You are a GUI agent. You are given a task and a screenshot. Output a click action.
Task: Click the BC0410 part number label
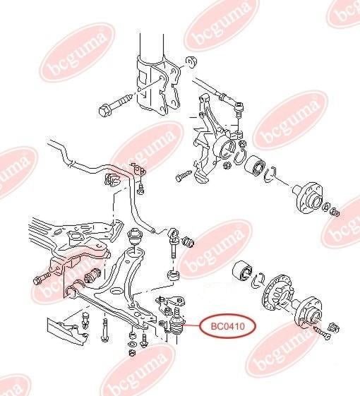[228, 327]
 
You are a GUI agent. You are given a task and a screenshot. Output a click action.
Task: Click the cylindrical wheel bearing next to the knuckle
[256, 167]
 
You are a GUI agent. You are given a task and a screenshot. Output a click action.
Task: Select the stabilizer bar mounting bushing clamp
[112, 179]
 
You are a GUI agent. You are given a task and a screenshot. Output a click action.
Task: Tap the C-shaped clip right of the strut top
[192, 62]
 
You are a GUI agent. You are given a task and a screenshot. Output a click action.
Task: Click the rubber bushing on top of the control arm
[134, 236]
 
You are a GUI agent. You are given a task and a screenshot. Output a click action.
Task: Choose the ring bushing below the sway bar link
[174, 275]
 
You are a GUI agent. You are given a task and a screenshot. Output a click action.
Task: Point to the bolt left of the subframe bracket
[42, 278]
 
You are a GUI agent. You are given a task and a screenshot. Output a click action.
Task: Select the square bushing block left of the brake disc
[242, 272]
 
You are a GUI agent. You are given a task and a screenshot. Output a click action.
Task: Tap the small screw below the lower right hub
[323, 334]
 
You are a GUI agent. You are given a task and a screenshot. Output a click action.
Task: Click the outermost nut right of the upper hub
[335, 212]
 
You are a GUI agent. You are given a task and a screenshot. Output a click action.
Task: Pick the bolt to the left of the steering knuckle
[184, 175]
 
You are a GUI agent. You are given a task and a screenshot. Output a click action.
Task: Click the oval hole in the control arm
[117, 291]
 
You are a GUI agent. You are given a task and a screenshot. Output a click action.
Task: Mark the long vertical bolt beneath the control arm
[104, 330]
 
